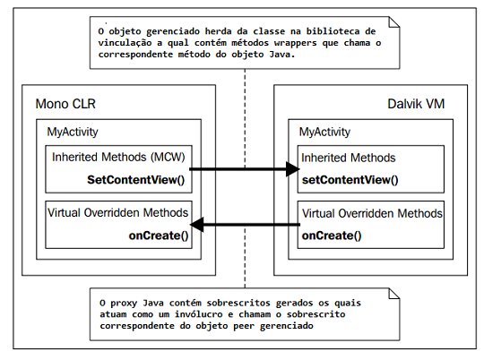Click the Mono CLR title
(x=65, y=104)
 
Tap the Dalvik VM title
(x=416, y=104)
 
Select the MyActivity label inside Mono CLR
(x=73, y=133)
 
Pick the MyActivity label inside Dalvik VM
(x=324, y=133)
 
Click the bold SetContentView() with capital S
(x=136, y=180)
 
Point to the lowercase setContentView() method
(x=350, y=180)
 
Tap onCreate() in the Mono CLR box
(x=159, y=236)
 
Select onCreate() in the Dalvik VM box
(x=332, y=236)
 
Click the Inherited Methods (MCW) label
(x=118, y=158)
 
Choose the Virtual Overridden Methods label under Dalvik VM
(x=372, y=213)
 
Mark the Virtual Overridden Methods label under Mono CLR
(x=118, y=213)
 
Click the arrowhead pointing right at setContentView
(x=293, y=169)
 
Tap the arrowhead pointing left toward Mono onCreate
(x=196, y=224)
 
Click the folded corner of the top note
(x=393, y=22)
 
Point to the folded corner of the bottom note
(x=393, y=294)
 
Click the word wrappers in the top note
(x=296, y=43)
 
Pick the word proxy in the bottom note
(x=124, y=304)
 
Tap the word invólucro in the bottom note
(x=198, y=314)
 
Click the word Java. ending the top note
(x=282, y=55)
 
